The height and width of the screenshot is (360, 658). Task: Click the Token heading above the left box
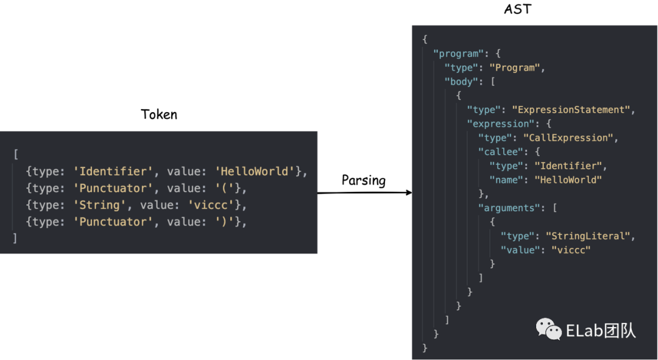click(159, 114)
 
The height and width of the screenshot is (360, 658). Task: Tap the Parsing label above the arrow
click(364, 180)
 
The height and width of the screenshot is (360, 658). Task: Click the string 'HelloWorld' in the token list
click(255, 171)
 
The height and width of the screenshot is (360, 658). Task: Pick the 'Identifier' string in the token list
click(112, 171)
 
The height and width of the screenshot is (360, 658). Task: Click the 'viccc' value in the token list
click(210, 205)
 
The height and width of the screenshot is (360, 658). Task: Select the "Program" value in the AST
click(515, 68)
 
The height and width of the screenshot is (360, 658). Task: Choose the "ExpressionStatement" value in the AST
click(571, 110)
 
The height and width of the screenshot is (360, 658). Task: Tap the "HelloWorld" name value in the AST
click(568, 180)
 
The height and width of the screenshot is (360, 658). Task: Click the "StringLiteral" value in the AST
click(588, 236)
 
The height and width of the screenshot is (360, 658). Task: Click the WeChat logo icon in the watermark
click(549, 330)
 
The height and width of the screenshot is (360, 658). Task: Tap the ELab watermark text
click(601, 331)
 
